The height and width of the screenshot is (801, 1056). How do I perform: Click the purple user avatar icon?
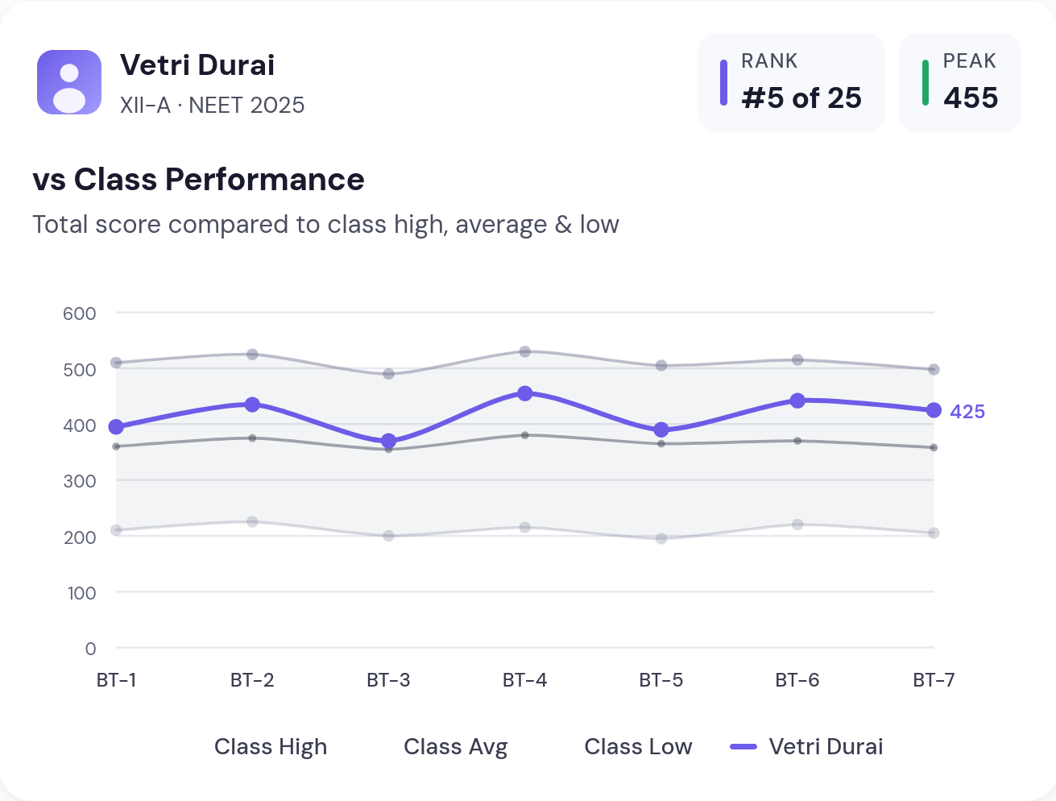pyautogui.click(x=69, y=82)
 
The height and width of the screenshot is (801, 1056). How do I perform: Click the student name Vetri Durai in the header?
pyautogui.click(x=197, y=65)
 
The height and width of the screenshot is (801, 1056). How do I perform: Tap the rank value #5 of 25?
pyautogui.click(x=801, y=98)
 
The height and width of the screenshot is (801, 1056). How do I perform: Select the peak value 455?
pyautogui.click(x=971, y=98)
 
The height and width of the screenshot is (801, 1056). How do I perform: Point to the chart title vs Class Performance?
pyautogui.click(x=198, y=180)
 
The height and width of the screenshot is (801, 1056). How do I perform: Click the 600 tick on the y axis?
pyautogui.click(x=80, y=313)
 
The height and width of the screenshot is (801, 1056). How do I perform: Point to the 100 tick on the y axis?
pyautogui.click(x=81, y=593)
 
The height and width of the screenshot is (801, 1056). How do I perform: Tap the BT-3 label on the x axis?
pyautogui.click(x=388, y=680)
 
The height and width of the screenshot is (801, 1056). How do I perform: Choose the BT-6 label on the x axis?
pyautogui.click(x=797, y=680)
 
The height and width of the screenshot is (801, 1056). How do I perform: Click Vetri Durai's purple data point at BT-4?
pyautogui.click(x=525, y=393)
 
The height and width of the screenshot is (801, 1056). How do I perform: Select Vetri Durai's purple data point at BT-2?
pyautogui.click(x=252, y=405)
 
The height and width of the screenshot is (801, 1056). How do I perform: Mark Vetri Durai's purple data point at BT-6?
pyautogui.click(x=797, y=400)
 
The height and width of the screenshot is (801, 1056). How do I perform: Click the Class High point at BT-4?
pyautogui.click(x=525, y=351)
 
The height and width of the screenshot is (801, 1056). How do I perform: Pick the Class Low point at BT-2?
pyautogui.click(x=252, y=521)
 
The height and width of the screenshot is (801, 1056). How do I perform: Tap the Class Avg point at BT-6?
pyautogui.click(x=797, y=441)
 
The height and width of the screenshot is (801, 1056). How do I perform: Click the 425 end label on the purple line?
pyautogui.click(x=967, y=412)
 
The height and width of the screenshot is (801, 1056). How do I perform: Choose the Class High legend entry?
pyautogui.click(x=271, y=747)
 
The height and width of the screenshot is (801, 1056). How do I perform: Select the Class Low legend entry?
pyautogui.click(x=638, y=747)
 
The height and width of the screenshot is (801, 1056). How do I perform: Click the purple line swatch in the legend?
pyautogui.click(x=743, y=747)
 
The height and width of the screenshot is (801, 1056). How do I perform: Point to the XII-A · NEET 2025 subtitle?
pyautogui.click(x=212, y=106)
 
